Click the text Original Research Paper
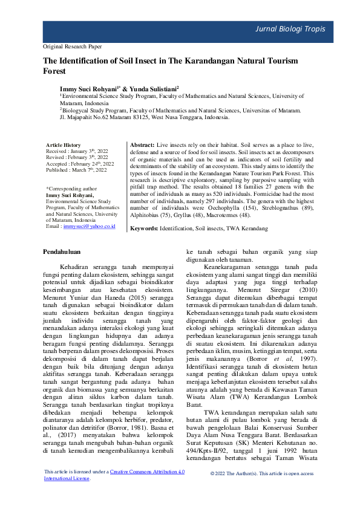coord(73,46)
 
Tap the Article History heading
coord(64,145)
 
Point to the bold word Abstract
coord(142,146)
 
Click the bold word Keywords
coord(145,229)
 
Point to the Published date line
coord(76,170)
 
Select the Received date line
coord(76,152)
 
